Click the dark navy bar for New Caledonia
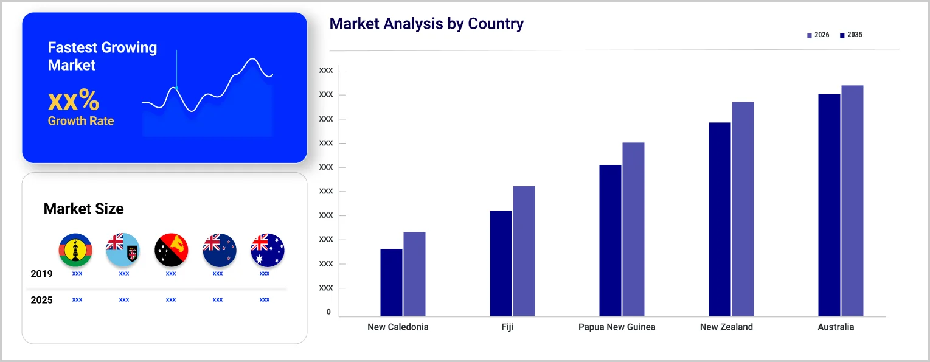pyautogui.click(x=391, y=282)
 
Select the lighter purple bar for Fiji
pyautogui.click(x=524, y=251)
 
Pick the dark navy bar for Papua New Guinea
pyautogui.click(x=610, y=240)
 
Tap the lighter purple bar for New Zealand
pyautogui.click(x=743, y=209)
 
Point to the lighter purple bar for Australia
pyautogui.click(x=852, y=201)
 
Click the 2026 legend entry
pyautogui.click(x=818, y=35)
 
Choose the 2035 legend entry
pyautogui.click(x=851, y=35)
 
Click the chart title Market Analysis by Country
pyautogui.click(x=426, y=24)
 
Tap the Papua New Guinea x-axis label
pyautogui.click(x=617, y=327)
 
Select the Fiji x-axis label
pyautogui.click(x=507, y=327)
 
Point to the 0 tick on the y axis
pyautogui.click(x=328, y=312)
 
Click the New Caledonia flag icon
pyautogui.click(x=75, y=250)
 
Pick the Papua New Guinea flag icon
pyautogui.click(x=171, y=250)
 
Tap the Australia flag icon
pyautogui.click(x=268, y=250)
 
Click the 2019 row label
pyautogui.click(x=42, y=274)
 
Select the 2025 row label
pyautogui.click(x=42, y=300)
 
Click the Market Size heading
pyautogui.click(x=83, y=209)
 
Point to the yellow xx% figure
pyautogui.click(x=74, y=100)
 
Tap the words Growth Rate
pyautogui.click(x=81, y=121)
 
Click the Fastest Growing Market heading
pyautogui.click(x=102, y=56)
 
